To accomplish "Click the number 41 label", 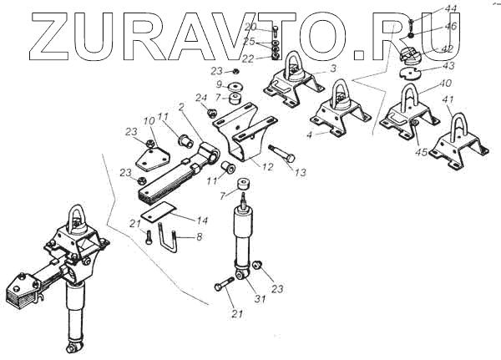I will [448, 100].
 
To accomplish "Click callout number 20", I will [251, 28].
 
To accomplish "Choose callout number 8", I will [199, 238].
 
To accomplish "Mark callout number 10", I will [148, 123].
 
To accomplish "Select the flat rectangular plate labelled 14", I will [158, 212].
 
